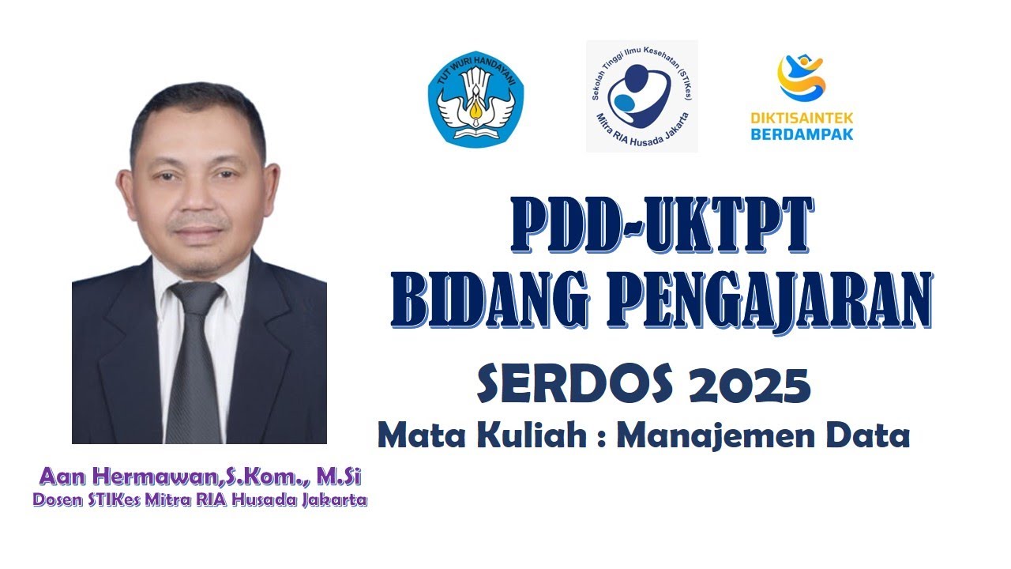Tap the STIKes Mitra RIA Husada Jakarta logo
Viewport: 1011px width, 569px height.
pos(641,96)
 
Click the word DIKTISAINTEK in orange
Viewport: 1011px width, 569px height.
pos(802,119)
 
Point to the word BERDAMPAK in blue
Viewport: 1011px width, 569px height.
pos(802,134)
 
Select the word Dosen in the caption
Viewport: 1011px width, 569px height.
pos(58,500)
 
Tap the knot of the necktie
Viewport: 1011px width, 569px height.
pos(196,298)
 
